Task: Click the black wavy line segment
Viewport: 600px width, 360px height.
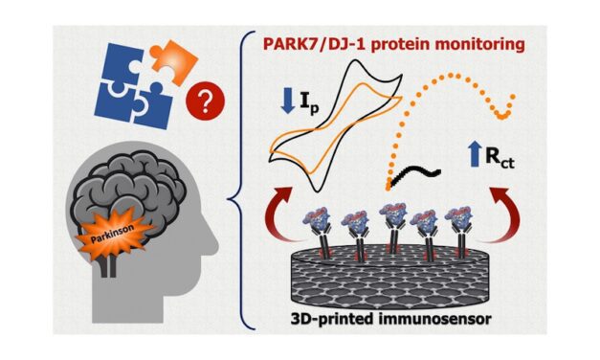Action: (x=420, y=175)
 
